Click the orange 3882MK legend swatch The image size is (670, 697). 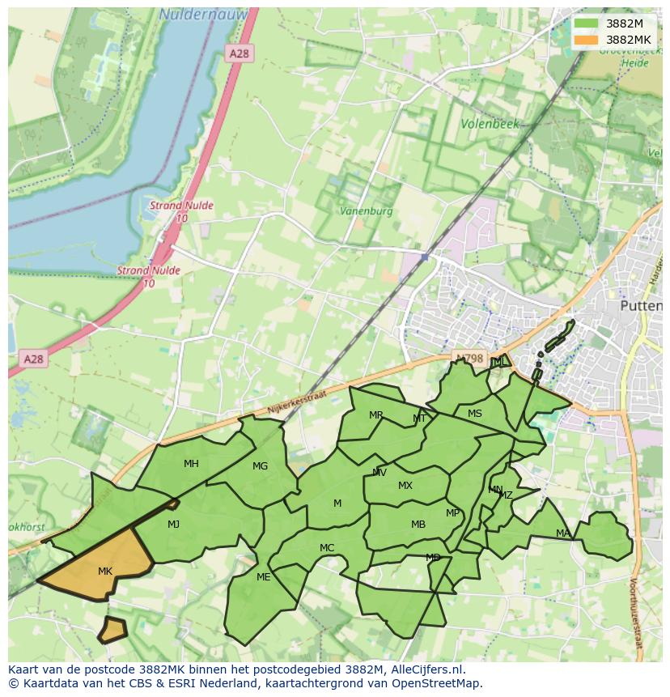point(587,40)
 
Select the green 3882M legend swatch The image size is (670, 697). point(587,23)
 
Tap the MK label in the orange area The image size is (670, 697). point(105,572)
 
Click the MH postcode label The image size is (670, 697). point(191,464)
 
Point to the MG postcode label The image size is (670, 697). point(260,466)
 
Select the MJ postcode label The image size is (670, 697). point(173,525)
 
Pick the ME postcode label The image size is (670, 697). point(263,577)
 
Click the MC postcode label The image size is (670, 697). point(327,548)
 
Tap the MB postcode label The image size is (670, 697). point(418,525)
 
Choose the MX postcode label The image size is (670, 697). point(405,486)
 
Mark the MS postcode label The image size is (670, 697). point(475,414)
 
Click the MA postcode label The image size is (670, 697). point(562,533)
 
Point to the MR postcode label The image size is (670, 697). point(375,415)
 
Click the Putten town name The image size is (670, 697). point(640,306)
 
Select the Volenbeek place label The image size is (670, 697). point(490,125)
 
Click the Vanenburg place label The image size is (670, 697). point(367,210)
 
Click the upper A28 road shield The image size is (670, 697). point(240,53)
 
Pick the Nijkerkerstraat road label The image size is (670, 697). point(295,398)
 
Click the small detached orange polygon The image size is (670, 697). point(112,629)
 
